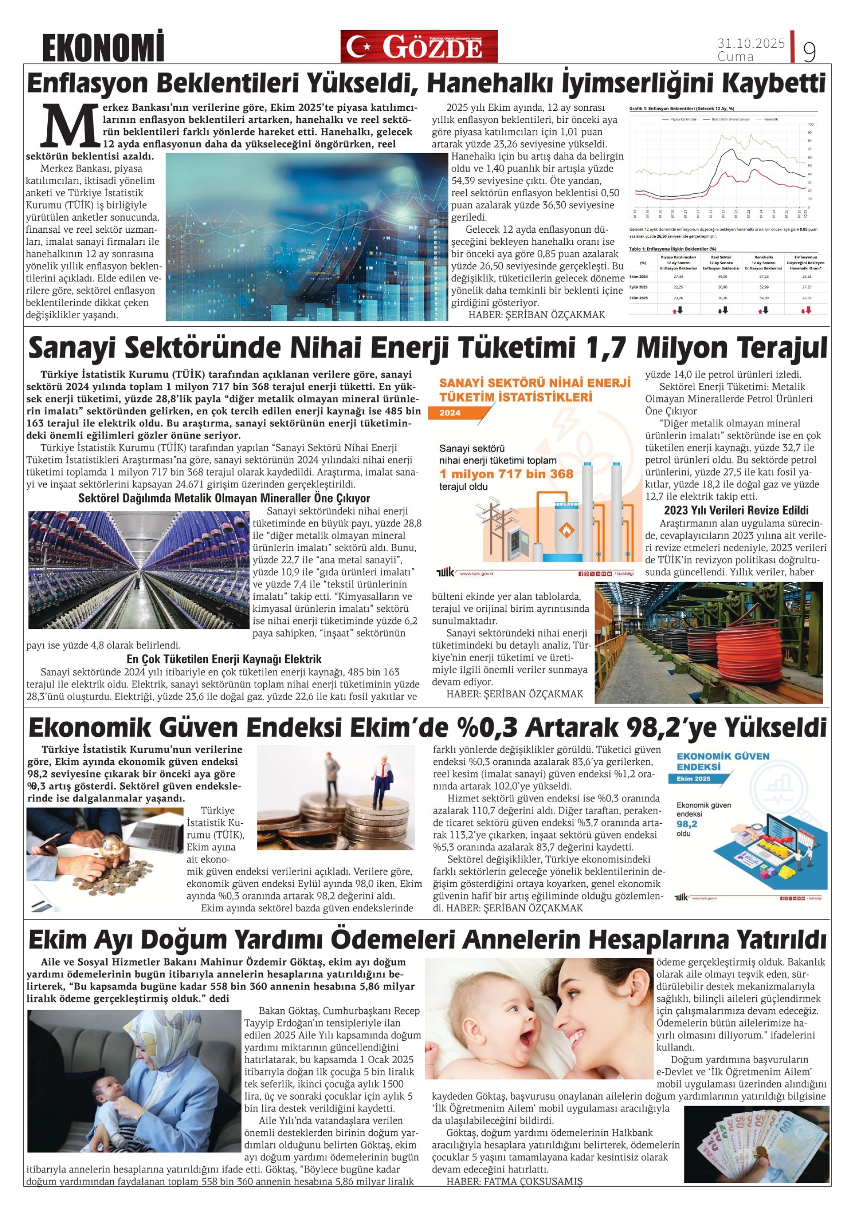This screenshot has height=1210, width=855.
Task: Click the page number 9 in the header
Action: pyautogui.click(x=809, y=52)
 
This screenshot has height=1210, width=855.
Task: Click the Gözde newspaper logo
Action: pyautogui.click(x=419, y=46)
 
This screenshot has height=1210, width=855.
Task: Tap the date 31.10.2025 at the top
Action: pyautogui.click(x=751, y=43)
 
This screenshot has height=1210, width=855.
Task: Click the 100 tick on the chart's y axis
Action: pyautogui.click(x=810, y=124)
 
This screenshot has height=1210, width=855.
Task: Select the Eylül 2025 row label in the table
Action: pyautogui.click(x=639, y=287)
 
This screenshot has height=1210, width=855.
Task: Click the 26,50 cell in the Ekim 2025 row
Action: pyautogui.click(x=805, y=298)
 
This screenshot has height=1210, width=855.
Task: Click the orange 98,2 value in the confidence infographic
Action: pyautogui.click(x=687, y=824)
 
